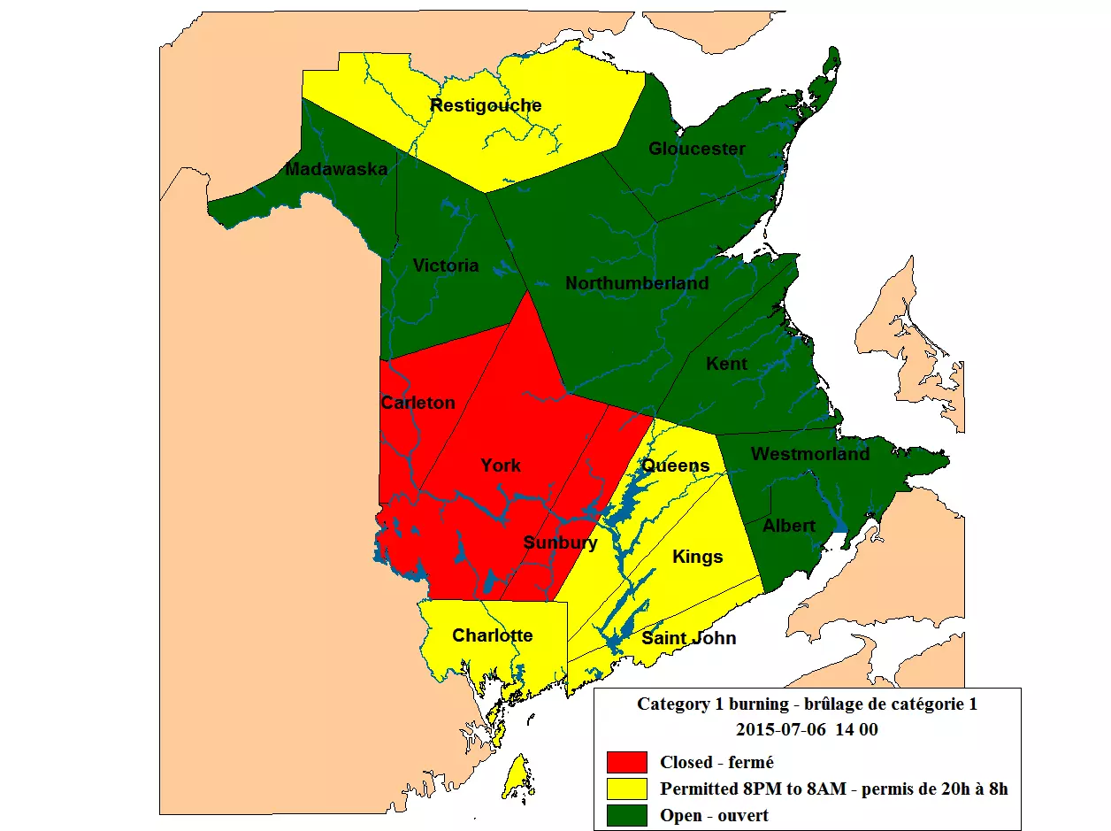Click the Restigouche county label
[486, 106]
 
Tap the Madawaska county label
[336, 169]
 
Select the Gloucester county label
[697, 149]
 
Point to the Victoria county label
[446, 265]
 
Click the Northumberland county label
[637, 283]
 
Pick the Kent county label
[726, 364]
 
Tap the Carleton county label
[418, 403]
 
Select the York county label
[501, 466]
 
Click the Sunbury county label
[560, 542]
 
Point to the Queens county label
[675, 466]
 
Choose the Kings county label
[697, 557]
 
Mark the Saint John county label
[688, 638]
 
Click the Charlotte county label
[492, 635]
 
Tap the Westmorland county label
[810, 454]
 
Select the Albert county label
[789, 526]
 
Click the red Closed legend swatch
[627, 762]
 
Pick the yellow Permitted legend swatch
[627, 789]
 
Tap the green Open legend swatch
[627, 815]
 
